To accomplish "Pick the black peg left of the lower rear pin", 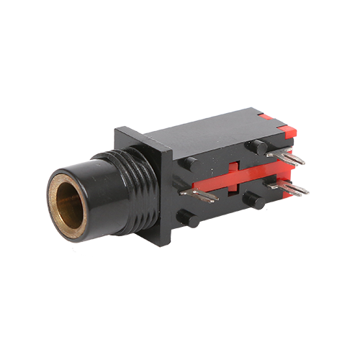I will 252,198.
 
